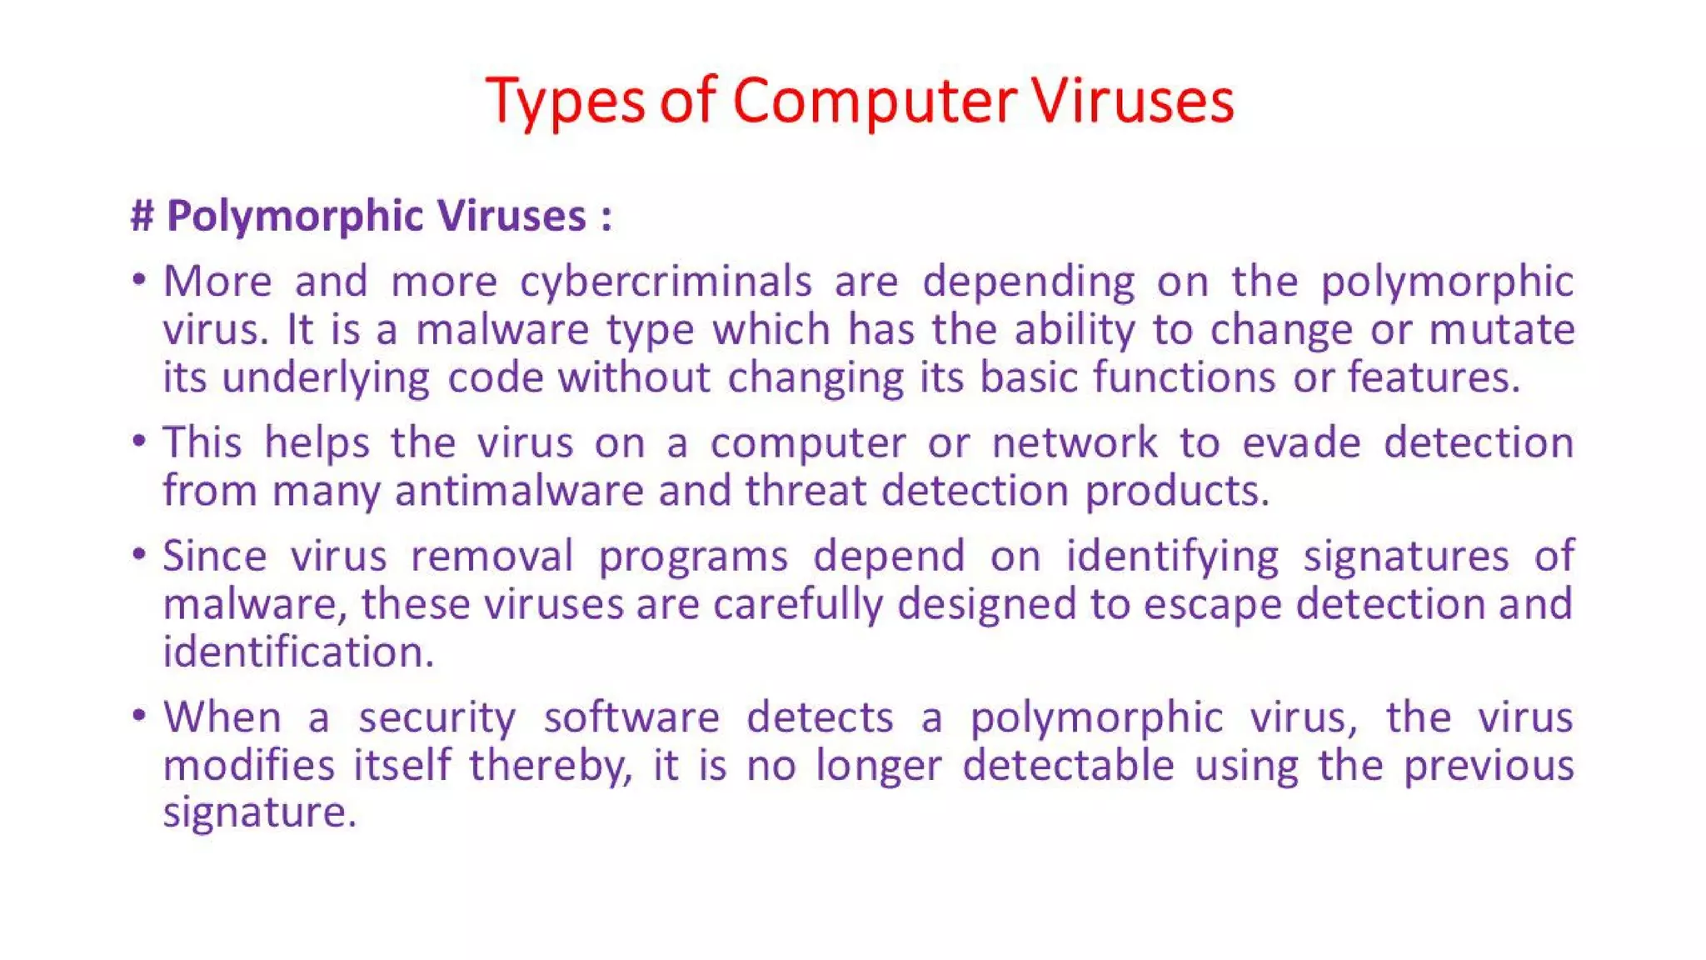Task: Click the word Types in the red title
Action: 566,102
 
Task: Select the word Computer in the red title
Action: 875,102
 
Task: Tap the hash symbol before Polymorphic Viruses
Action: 142,216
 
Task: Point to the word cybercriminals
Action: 666,282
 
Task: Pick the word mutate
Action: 1502,329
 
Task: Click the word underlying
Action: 326,378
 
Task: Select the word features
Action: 1434,377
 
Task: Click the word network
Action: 1075,442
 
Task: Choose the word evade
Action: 1301,442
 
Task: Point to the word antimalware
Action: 519,491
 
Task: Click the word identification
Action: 298,652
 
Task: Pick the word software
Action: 631,717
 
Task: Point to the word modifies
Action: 248,765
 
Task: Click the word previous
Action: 1489,766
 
